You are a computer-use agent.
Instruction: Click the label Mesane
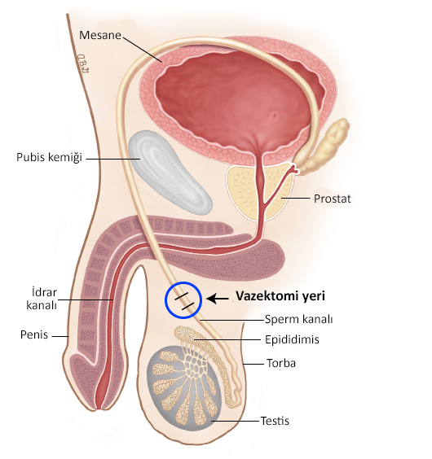[x=100, y=35]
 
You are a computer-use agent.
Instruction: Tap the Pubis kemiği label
[x=49, y=157]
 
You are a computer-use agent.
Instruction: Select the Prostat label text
[x=333, y=199]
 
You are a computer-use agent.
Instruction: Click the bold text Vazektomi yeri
[x=280, y=296]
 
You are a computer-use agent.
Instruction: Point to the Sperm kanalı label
[x=298, y=319]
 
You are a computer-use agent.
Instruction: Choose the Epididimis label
[x=292, y=339]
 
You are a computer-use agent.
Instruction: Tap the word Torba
[x=281, y=363]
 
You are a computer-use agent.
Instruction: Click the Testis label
[x=275, y=421]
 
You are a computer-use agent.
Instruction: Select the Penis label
[x=34, y=334]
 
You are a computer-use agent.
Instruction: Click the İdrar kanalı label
[x=42, y=299]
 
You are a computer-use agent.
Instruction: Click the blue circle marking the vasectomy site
[x=165, y=300]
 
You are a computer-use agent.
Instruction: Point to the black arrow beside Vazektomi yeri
[x=218, y=299]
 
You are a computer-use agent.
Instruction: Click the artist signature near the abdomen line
[x=82, y=63]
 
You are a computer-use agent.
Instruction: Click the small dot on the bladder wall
[x=275, y=115]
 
